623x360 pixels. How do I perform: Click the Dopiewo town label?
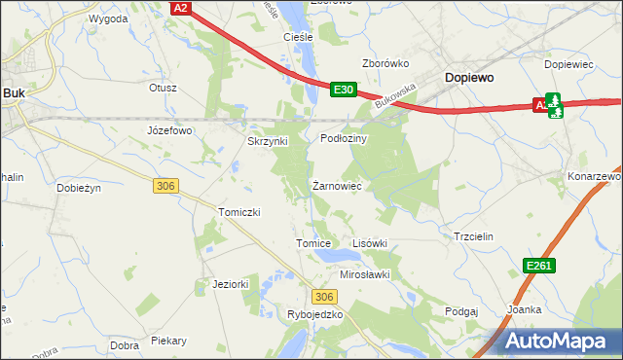469,76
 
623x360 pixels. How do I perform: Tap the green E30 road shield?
342,90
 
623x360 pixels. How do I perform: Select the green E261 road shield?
538,266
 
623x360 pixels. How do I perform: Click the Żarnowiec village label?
337,185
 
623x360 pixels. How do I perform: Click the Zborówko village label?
385,63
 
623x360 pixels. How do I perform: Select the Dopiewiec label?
568,63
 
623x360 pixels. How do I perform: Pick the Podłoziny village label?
344,139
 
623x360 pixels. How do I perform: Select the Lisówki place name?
369,243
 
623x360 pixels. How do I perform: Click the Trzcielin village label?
474,236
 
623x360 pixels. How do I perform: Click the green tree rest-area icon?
554,104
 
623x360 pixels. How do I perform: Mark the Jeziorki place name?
232,284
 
